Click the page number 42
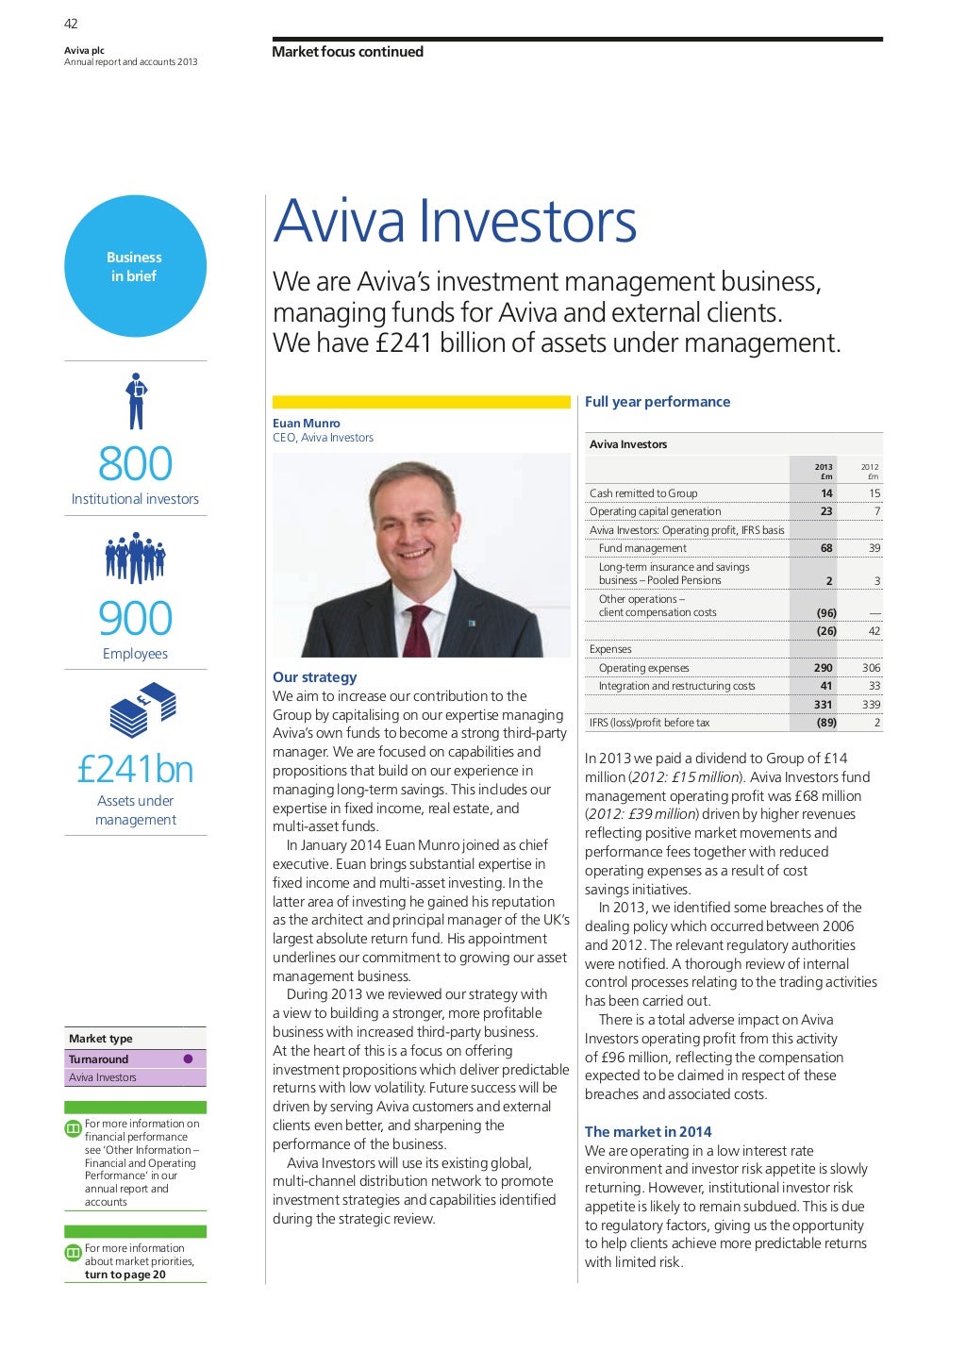[x=71, y=24]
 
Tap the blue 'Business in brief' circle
[x=135, y=266]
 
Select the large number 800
[x=135, y=464]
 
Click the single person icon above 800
[x=137, y=401]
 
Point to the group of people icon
[x=135, y=558]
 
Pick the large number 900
[x=135, y=619]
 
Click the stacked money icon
[x=142, y=709]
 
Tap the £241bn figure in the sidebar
[x=135, y=770]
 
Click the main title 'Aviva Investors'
[x=455, y=221]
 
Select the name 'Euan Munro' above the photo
[x=307, y=424]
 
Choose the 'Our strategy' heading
[x=315, y=677]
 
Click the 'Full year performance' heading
[x=658, y=402]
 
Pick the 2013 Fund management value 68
[x=826, y=548]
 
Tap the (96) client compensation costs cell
[x=826, y=612]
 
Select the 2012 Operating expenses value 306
[x=871, y=668]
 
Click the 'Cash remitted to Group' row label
[x=643, y=493]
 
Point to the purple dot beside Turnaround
[x=188, y=1059]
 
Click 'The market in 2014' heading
[x=648, y=1132]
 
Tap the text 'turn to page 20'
[x=125, y=1275]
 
